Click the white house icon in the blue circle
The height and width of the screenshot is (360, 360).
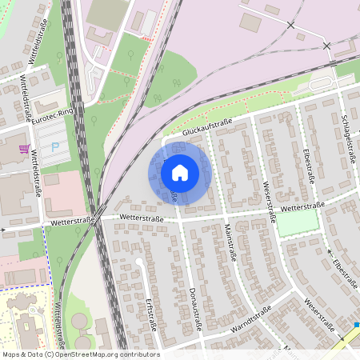pos(180,172)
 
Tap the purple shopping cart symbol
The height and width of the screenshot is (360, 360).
pos(25,149)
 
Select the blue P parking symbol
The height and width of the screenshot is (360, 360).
pos(54,147)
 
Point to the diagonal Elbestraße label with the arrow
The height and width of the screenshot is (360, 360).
pos(344,271)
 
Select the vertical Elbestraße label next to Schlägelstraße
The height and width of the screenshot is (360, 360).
pos(308,164)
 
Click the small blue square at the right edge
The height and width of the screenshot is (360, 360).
pos(357,326)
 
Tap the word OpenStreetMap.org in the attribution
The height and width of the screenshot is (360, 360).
pos(90,354)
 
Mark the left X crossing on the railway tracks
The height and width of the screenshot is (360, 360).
pos(290,26)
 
